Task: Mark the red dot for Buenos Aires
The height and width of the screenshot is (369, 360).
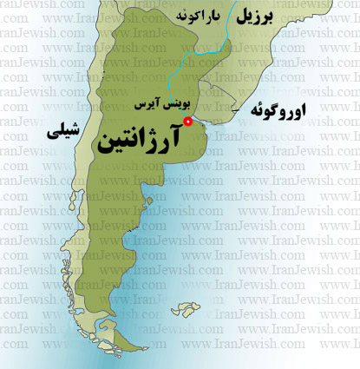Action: (x=189, y=122)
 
